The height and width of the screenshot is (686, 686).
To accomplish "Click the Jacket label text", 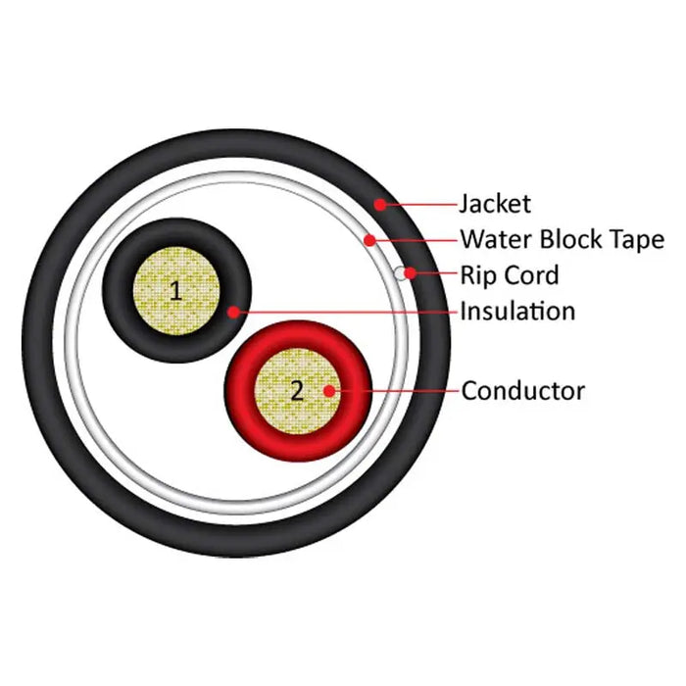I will [495, 204].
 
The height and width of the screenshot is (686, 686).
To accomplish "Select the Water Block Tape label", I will [562, 239].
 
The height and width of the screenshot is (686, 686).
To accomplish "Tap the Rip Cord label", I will [509, 274].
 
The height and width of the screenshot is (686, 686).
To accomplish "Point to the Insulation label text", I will [517, 312].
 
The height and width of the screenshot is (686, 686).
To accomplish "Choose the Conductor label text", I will [522, 391].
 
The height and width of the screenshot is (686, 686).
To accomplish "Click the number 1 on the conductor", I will [175, 290].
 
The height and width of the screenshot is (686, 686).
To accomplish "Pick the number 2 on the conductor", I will [297, 390].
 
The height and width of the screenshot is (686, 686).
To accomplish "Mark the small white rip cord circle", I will [402, 274].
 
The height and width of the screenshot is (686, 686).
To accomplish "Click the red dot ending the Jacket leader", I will [378, 204].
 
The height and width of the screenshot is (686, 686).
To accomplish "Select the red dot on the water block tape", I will [367, 239].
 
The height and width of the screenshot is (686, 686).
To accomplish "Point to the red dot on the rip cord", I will [411, 273].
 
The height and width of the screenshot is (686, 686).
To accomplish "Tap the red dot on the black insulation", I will [232, 312].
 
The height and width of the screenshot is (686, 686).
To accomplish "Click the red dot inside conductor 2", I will [330, 391].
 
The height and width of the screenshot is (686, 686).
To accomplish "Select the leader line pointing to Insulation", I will [343, 312].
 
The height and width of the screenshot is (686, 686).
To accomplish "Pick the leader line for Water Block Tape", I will [412, 239].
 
